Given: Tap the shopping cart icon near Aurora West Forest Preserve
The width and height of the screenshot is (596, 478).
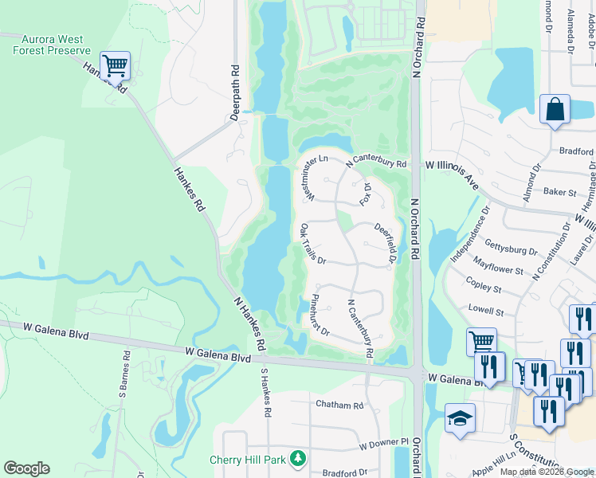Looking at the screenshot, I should (115, 65).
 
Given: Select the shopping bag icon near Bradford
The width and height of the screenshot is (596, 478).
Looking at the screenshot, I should (555, 110).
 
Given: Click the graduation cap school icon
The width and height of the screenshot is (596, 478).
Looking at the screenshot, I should (460, 419).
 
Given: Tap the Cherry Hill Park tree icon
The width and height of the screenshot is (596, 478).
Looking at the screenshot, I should (298, 459).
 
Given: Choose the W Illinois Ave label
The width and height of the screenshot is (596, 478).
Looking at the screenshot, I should (452, 174).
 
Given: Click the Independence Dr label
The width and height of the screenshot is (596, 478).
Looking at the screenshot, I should (468, 237).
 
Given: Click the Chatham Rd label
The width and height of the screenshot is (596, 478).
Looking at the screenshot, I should (339, 405).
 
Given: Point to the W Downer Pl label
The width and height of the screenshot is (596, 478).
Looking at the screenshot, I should (383, 442).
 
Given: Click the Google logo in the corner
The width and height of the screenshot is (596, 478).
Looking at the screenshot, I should (26, 468).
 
